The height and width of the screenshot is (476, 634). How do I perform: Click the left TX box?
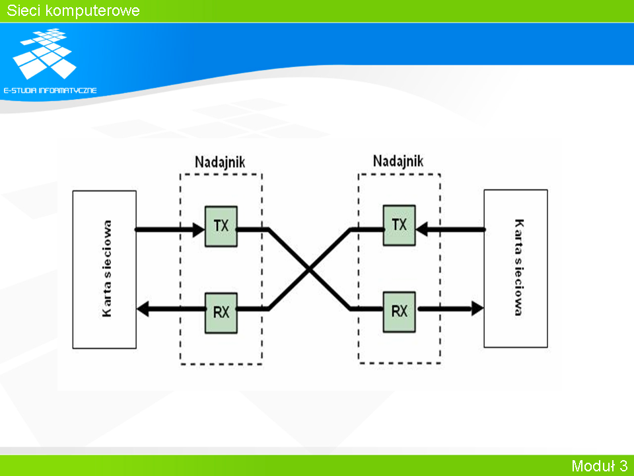[221, 226]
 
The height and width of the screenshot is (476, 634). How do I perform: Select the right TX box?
[399, 225]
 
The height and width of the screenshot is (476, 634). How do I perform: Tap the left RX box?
[221, 313]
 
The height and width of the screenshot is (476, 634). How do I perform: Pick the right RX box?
[399, 311]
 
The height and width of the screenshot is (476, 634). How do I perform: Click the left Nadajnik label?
[220, 162]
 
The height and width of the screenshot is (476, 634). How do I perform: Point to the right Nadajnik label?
[398, 161]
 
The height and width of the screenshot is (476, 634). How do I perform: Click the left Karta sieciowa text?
[107, 268]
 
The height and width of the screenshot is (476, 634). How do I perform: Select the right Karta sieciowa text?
[519, 267]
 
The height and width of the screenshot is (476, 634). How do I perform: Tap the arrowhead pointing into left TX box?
[199, 230]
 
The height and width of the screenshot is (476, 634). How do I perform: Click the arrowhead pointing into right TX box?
[422, 229]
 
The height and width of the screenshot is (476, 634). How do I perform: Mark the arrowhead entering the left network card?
[143, 309]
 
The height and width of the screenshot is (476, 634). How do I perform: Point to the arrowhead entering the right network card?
[477, 309]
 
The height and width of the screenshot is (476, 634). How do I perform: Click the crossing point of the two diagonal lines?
[309, 269]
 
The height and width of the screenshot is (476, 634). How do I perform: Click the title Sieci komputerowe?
[73, 11]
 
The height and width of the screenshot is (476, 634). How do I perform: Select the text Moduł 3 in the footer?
[600, 465]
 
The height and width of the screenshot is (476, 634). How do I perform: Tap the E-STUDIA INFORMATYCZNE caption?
[50, 91]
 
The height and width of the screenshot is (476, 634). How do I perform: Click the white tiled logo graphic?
[44, 54]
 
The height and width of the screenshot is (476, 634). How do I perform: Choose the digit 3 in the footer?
[623, 465]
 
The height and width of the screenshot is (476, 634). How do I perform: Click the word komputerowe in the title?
[92, 11]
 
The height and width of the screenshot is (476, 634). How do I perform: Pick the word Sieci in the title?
[23, 11]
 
